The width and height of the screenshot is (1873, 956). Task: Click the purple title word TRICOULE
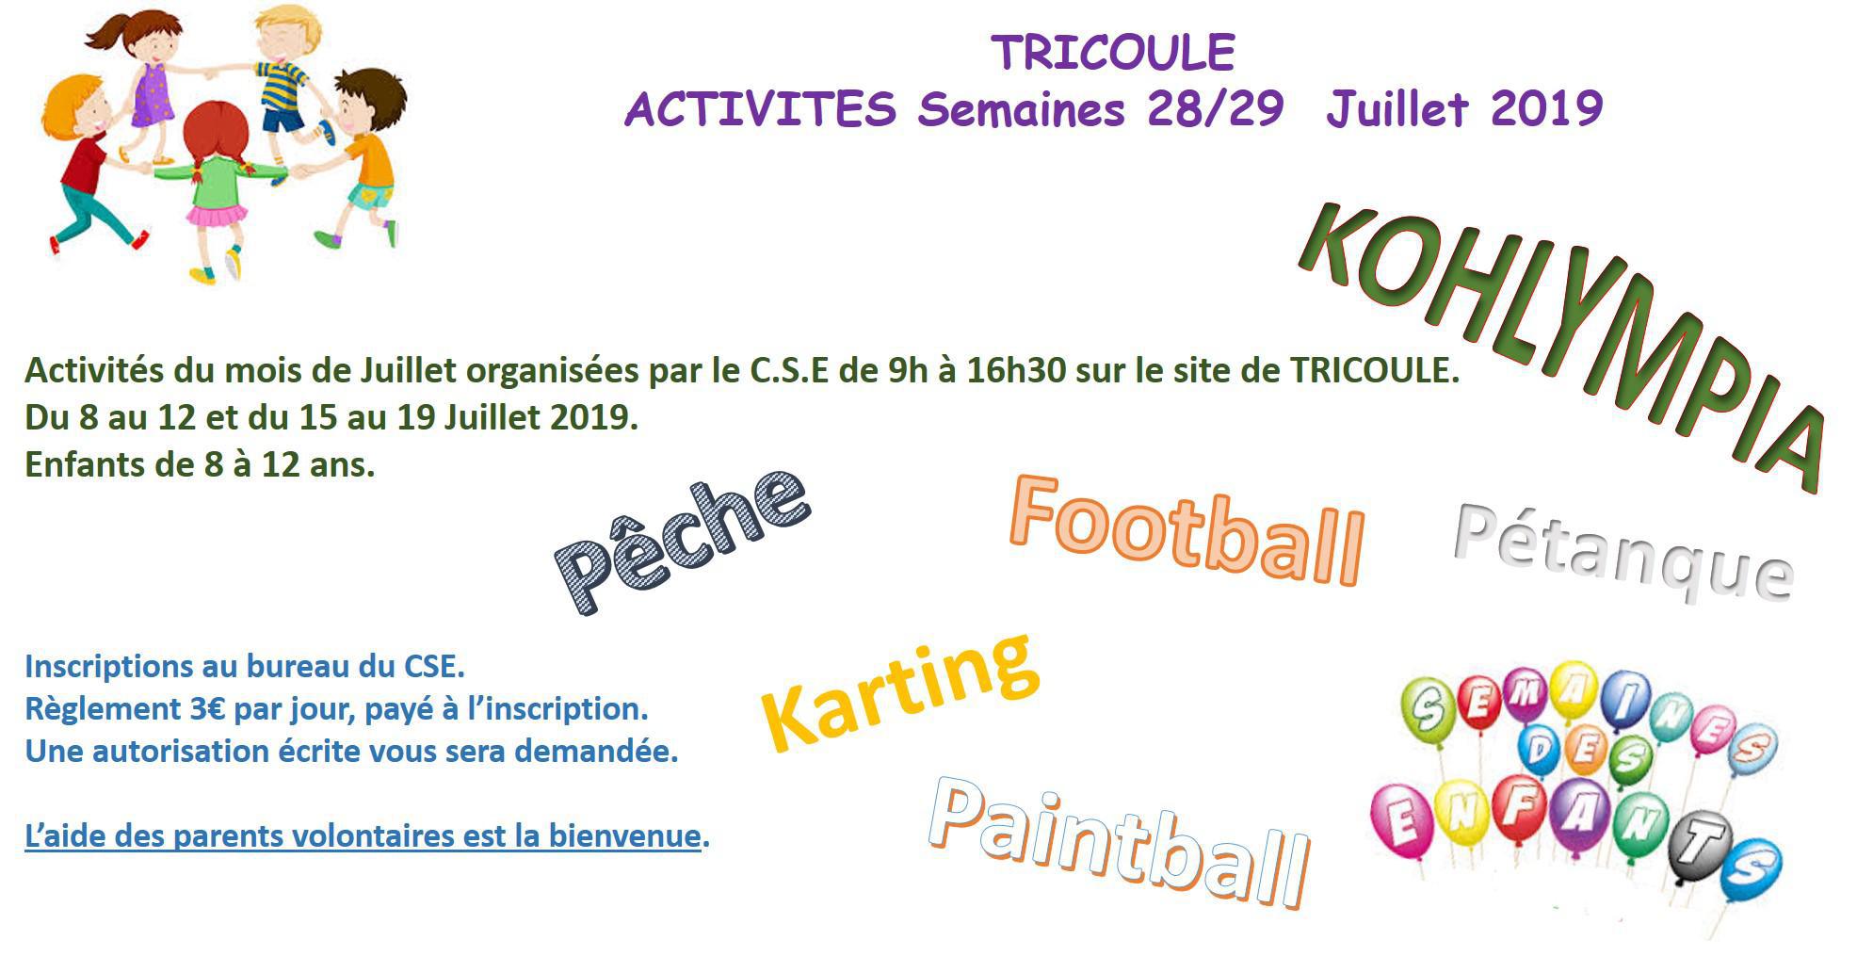tap(1112, 53)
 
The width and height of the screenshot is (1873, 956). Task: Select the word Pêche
tap(682, 542)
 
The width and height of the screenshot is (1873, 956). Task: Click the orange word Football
tap(1187, 529)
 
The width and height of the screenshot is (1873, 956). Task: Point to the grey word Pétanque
tap(1623, 552)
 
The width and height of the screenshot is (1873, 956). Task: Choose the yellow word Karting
tap(899, 692)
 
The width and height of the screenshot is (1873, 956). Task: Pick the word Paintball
tap(1120, 841)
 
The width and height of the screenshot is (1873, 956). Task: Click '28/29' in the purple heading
tap(1215, 109)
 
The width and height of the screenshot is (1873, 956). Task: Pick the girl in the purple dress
tap(151, 80)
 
